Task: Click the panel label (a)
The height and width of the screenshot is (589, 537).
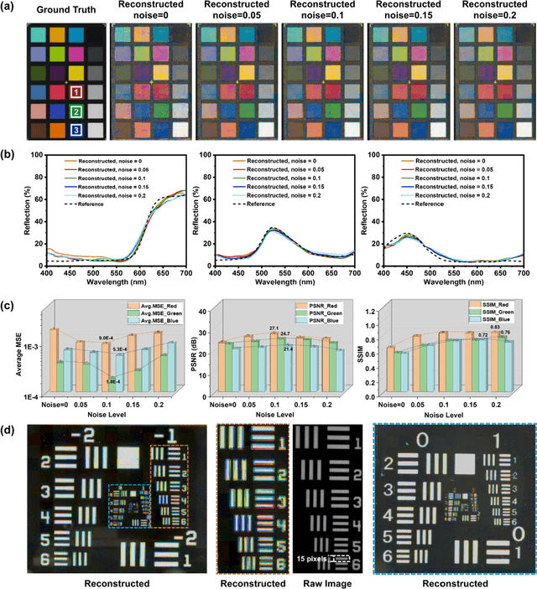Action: point(12,8)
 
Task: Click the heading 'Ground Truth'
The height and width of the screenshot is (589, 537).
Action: point(60,9)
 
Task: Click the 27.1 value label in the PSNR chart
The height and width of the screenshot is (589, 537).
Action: point(273,328)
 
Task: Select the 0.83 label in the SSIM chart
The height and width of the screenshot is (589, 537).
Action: point(495,327)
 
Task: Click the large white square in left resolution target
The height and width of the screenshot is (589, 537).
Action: point(128,457)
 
